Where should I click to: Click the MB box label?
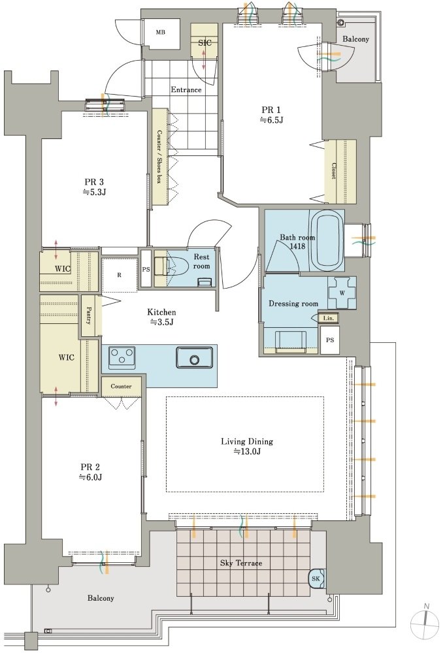tap(160, 32)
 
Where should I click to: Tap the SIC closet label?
tap(205, 42)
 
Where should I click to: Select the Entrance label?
tap(186, 89)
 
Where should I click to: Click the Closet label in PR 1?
tap(334, 171)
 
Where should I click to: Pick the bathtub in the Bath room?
tap(326, 241)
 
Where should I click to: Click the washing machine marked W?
tap(342, 293)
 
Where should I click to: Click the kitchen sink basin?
tap(195, 357)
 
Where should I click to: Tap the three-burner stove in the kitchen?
tap(122, 357)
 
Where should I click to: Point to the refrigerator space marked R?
tap(120, 275)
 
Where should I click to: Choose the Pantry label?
tap(89, 315)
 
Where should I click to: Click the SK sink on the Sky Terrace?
tap(316, 579)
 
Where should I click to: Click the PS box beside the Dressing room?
tap(330, 340)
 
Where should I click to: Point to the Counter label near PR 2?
tap(121, 387)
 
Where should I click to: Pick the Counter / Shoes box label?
tap(159, 157)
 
